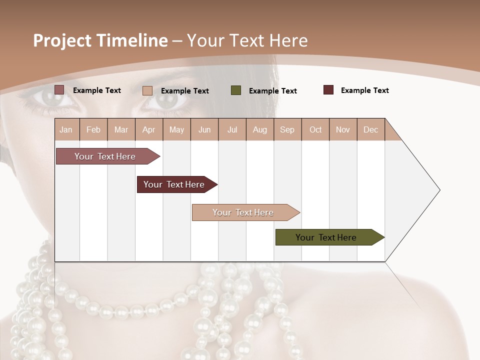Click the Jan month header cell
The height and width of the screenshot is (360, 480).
[x=66, y=129]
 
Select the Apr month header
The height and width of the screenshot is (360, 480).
[x=149, y=129]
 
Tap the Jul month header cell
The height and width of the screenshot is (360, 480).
[x=232, y=129]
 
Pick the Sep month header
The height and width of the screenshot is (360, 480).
[x=287, y=129]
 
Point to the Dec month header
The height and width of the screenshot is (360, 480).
[x=370, y=129]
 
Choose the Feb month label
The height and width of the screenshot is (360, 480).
[x=93, y=129]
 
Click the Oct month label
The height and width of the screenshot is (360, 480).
[x=315, y=129]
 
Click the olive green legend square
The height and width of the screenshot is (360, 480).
[x=236, y=90]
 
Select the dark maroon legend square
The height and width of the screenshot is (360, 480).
[x=328, y=90]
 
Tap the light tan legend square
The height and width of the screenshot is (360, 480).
[x=147, y=90]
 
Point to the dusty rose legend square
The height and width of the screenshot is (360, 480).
[x=59, y=90]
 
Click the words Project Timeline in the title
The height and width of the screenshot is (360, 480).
[x=100, y=40]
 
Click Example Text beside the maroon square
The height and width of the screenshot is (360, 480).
[x=364, y=90]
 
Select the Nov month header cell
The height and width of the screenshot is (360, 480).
[x=343, y=129]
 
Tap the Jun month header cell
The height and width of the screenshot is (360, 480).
[x=204, y=129]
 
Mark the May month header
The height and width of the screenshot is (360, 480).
[x=176, y=129]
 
